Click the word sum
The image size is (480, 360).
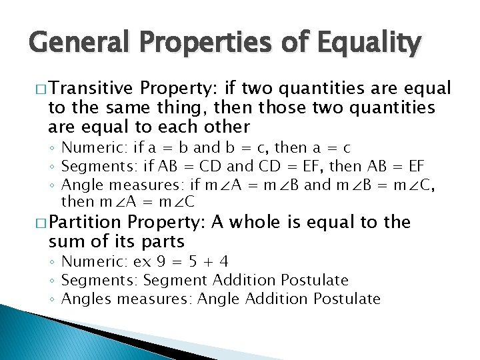tap(65, 241)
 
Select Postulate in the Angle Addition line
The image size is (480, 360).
tap(347, 299)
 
